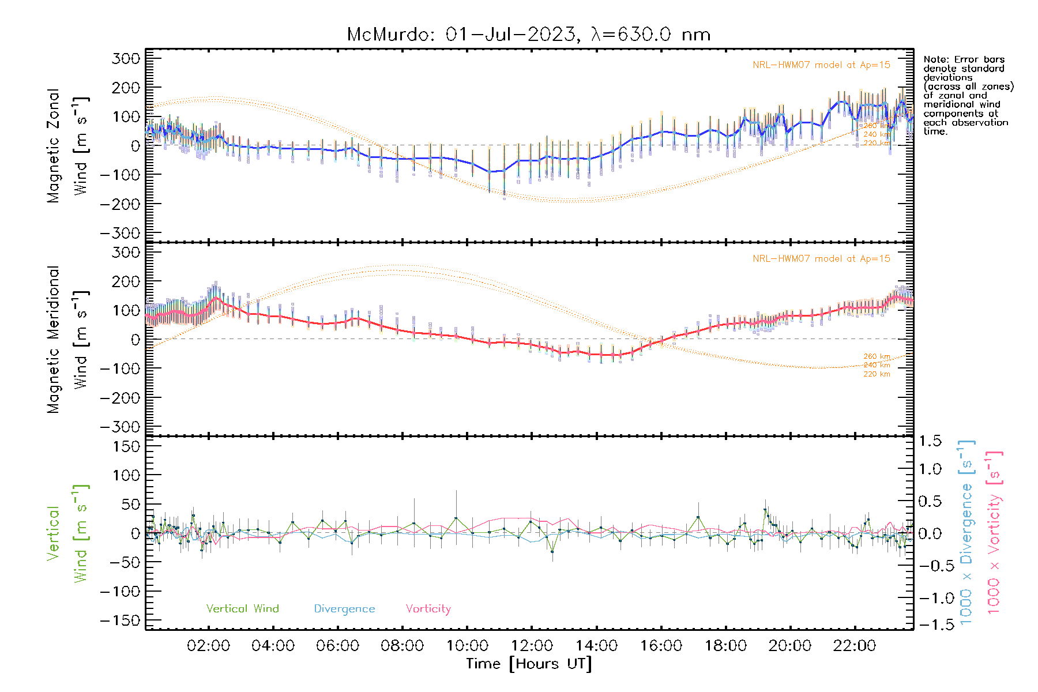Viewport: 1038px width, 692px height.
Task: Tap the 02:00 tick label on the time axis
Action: (209, 646)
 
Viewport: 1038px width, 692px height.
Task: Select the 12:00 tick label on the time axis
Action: (532, 646)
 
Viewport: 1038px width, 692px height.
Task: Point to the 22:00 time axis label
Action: (855, 646)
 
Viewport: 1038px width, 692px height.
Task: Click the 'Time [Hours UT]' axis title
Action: (529, 664)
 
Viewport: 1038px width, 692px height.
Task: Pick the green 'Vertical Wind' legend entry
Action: (242, 608)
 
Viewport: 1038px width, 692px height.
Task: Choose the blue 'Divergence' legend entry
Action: (344, 608)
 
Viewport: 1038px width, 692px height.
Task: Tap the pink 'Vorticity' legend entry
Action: (428, 608)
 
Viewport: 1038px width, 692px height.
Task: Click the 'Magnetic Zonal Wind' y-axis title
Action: (67, 145)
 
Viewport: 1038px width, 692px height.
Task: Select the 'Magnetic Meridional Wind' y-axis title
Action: (67, 339)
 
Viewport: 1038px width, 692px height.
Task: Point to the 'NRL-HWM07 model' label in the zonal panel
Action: (821, 65)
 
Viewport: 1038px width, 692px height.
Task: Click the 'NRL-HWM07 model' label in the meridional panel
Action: (821, 259)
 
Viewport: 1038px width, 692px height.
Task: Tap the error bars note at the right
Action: (968, 95)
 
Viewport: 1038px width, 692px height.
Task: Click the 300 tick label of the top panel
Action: (126, 58)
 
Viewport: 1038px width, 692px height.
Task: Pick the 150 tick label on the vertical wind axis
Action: (126, 446)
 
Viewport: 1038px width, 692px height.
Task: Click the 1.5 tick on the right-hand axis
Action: (930, 441)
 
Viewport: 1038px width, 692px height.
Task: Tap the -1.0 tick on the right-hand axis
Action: (930, 598)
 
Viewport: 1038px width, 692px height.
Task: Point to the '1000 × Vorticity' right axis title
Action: (994, 532)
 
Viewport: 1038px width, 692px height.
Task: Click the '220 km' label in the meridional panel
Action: (877, 374)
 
